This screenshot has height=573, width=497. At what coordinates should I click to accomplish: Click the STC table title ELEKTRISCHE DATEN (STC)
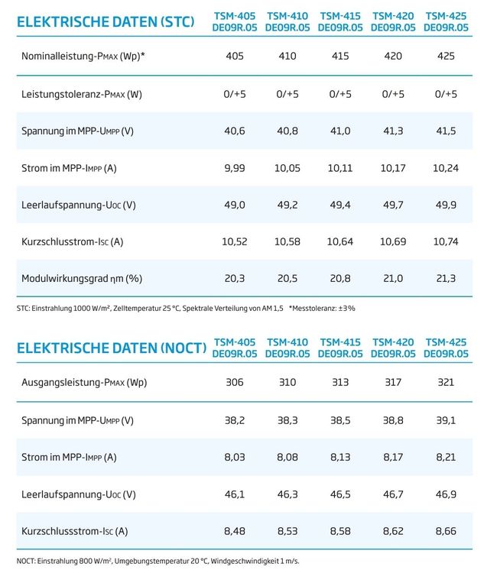(x=106, y=22)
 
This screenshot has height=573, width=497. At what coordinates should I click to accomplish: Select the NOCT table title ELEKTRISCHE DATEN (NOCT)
(x=112, y=348)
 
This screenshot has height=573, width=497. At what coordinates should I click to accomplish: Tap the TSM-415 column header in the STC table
(x=340, y=21)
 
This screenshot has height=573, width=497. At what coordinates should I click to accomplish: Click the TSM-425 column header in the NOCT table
(x=446, y=348)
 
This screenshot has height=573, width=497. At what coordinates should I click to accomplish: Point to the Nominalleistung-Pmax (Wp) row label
(x=83, y=57)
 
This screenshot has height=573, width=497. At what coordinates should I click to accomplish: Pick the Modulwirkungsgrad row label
(x=82, y=278)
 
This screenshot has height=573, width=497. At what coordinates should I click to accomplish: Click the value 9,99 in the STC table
(x=235, y=168)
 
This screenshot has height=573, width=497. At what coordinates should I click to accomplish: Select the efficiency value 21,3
(x=446, y=278)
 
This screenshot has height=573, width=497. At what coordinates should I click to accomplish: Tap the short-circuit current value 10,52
(x=235, y=241)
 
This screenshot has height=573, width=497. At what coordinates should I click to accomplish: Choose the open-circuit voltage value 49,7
(x=393, y=205)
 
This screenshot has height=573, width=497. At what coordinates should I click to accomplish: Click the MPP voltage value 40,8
(x=287, y=131)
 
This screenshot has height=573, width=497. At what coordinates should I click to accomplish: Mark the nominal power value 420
(x=393, y=56)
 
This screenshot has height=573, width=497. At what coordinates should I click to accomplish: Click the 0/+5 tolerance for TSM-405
(x=235, y=94)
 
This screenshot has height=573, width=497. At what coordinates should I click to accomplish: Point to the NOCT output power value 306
(x=235, y=382)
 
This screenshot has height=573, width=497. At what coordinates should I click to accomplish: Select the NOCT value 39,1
(x=446, y=420)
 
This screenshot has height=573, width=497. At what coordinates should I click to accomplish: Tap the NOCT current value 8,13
(x=340, y=457)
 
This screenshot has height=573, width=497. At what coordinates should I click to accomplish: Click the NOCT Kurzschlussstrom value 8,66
(x=446, y=531)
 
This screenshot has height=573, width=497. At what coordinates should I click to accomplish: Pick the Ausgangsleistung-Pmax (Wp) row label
(x=84, y=383)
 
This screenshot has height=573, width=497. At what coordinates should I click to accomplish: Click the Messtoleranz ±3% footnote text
(x=322, y=309)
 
